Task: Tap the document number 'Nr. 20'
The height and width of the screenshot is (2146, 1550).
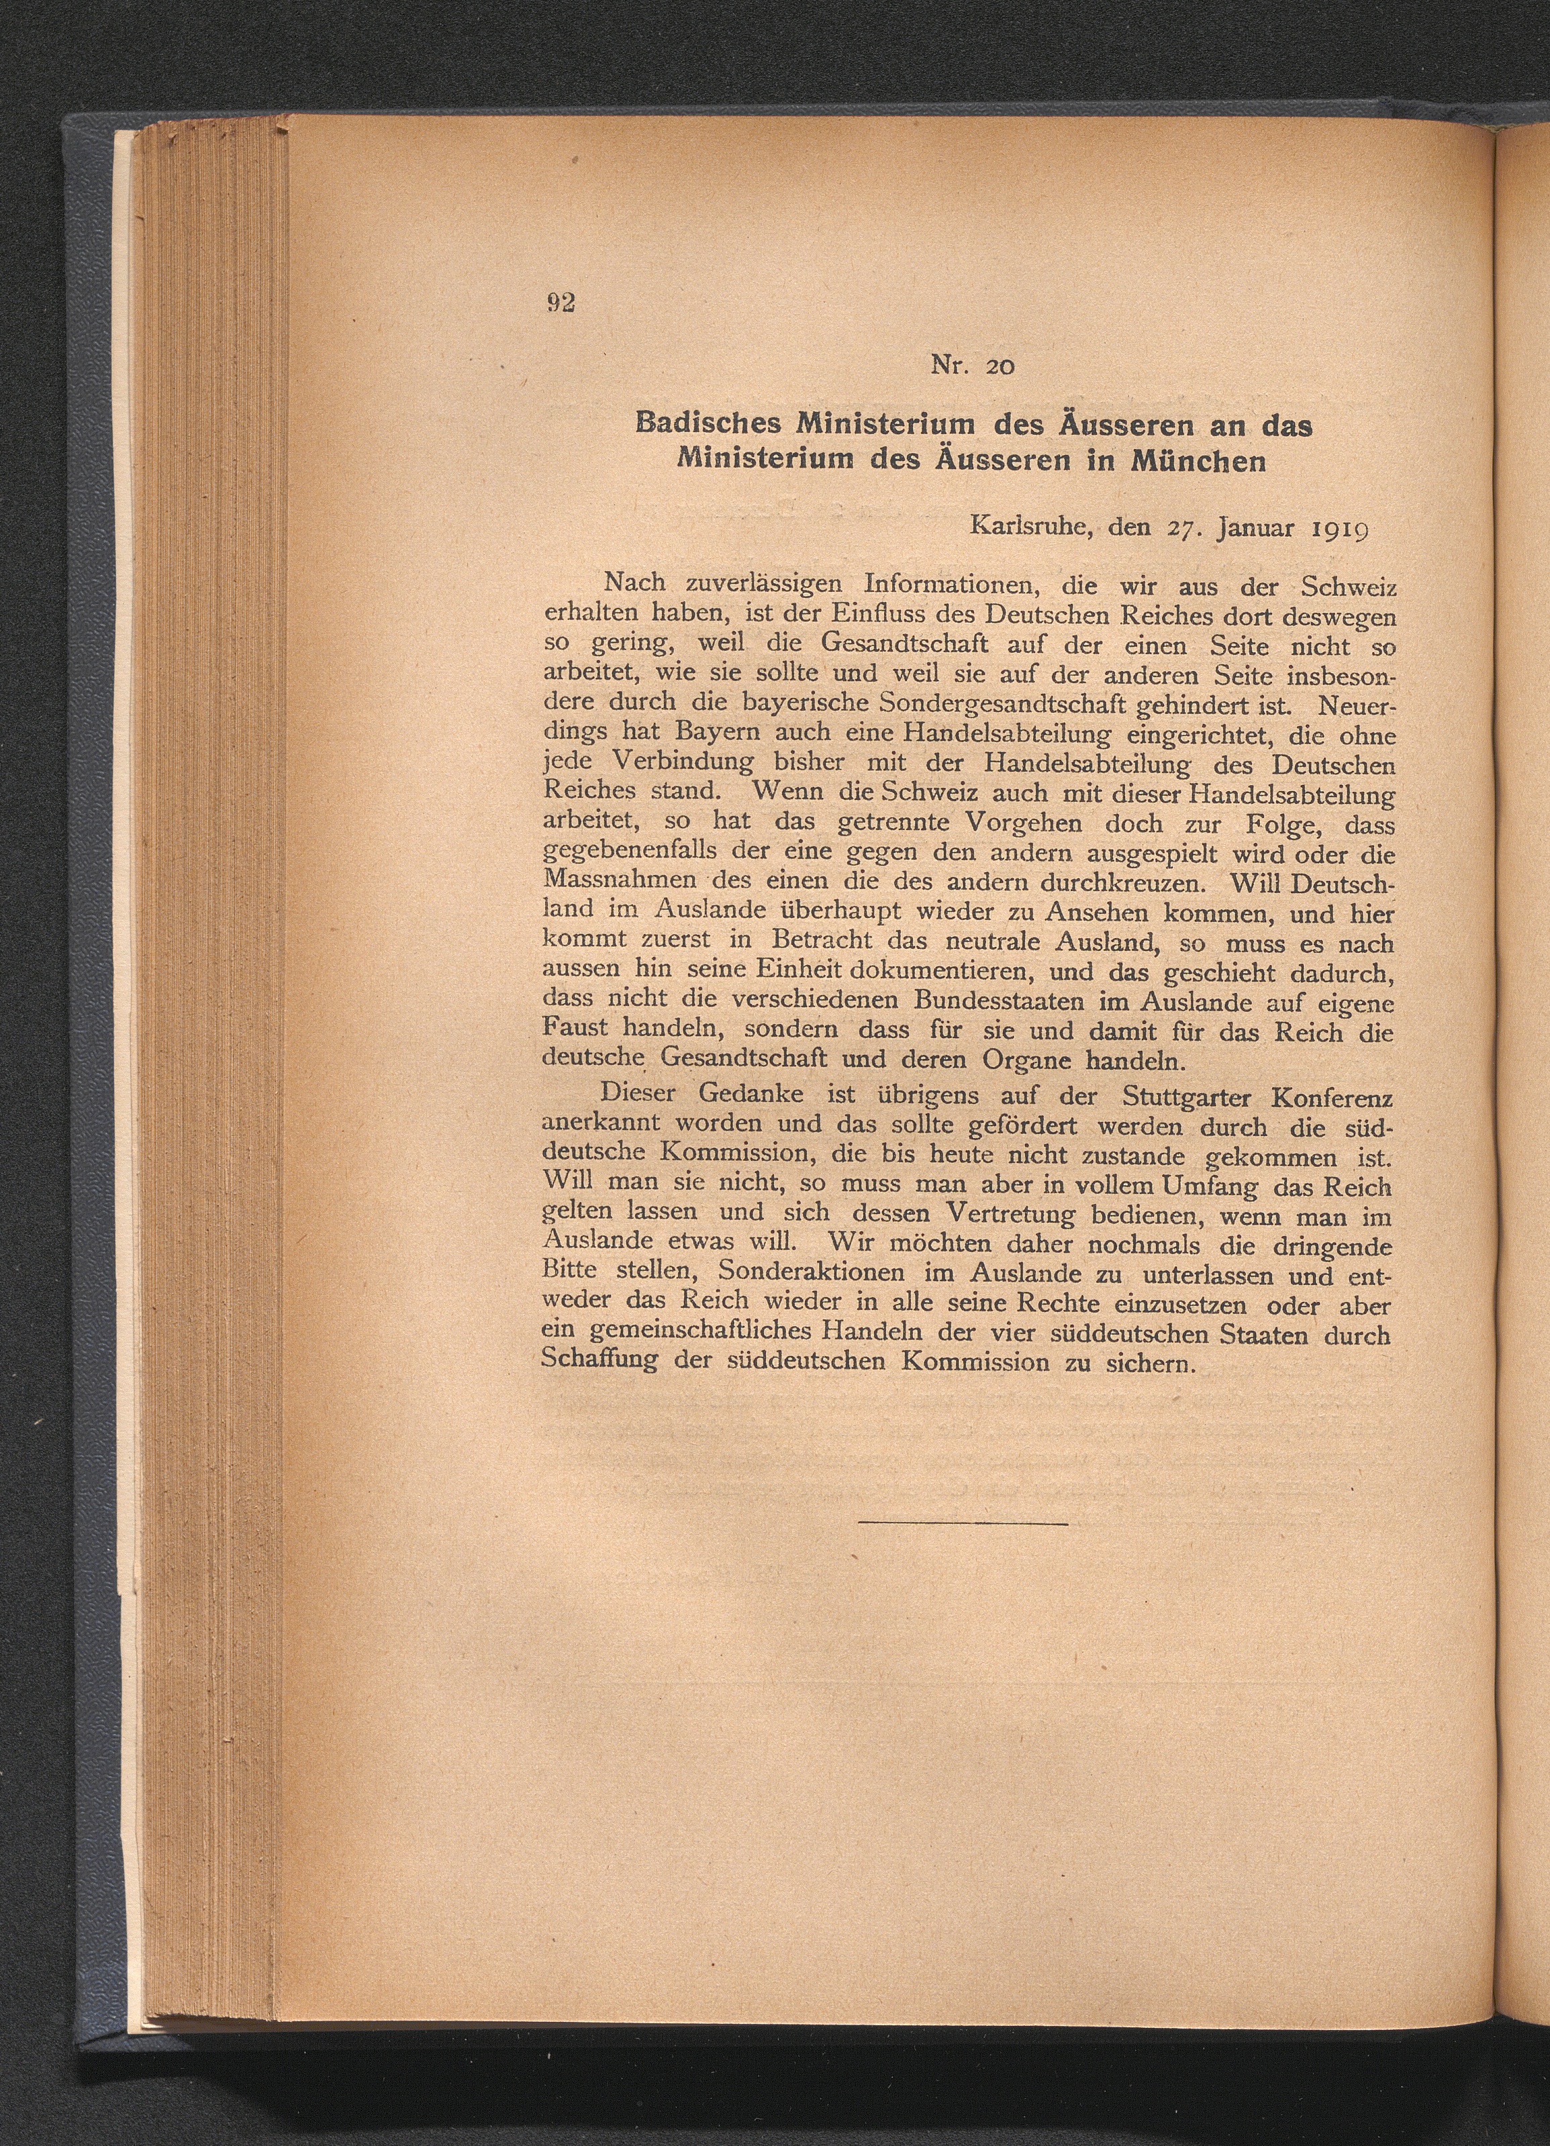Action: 973,364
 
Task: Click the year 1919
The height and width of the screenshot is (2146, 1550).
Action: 1336,527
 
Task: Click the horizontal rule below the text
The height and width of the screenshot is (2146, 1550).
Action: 963,1523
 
